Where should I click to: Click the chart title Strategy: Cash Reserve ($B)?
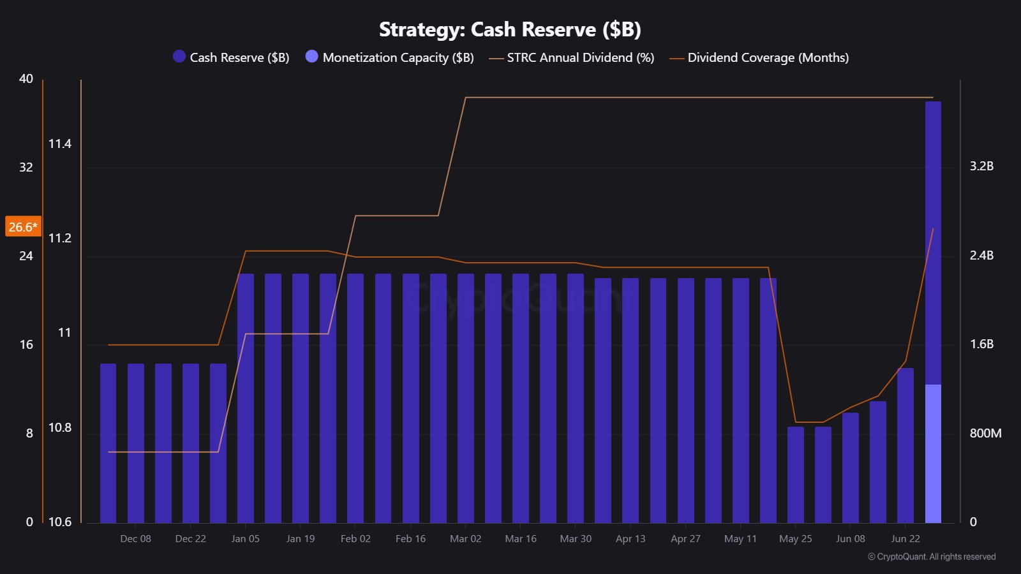click(510, 29)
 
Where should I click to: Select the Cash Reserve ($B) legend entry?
click(231, 57)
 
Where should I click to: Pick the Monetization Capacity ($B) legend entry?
click(390, 57)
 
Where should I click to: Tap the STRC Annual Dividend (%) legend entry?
click(572, 57)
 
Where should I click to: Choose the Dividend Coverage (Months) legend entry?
click(759, 57)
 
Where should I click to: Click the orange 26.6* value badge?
click(23, 226)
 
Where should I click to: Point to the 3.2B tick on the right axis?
click(981, 166)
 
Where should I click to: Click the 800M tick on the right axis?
click(985, 433)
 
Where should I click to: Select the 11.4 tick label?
click(60, 144)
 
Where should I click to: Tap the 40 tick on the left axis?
click(26, 79)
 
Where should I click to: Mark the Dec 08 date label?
click(135, 539)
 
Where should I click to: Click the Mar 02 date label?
click(465, 539)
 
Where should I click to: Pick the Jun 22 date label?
click(905, 539)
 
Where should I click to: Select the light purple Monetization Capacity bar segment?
click(933, 453)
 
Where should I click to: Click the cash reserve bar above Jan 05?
click(246, 398)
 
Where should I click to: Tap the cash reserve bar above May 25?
click(795, 475)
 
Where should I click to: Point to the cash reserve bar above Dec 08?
click(136, 443)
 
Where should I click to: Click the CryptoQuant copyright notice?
click(932, 557)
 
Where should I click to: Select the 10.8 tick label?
click(60, 428)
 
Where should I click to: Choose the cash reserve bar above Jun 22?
click(905, 446)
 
